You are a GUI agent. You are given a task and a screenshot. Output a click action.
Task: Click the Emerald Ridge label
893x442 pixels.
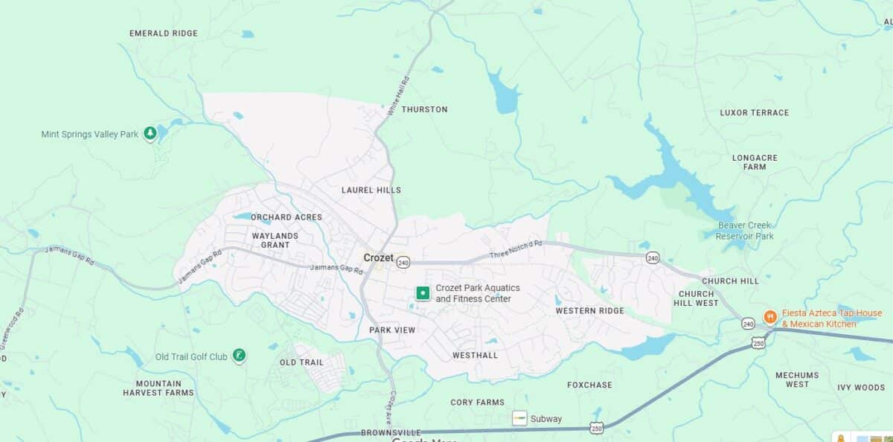click(164, 33)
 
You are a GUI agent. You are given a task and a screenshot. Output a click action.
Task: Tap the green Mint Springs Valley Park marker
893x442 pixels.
click(150, 134)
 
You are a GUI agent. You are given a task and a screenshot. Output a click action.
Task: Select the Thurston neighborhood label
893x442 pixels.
click(424, 109)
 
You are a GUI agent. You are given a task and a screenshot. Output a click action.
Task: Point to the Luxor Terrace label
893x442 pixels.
click(754, 113)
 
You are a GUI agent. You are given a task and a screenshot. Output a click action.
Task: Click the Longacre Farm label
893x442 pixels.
click(755, 162)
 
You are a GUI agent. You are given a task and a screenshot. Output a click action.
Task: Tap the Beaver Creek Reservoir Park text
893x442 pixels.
click(744, 231)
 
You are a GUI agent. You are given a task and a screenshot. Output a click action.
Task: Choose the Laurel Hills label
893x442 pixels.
click(371, 190)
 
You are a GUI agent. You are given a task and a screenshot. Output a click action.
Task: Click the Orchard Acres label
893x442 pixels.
click(287, 217)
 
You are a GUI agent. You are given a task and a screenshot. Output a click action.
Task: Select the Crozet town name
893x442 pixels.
click(378, 257)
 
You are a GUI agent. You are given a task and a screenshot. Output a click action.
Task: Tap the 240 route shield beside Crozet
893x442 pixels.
click(403, 262)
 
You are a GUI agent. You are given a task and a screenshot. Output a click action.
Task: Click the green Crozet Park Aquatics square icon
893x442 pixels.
click(423, 293)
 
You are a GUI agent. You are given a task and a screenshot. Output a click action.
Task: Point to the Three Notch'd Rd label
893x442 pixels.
click(516, 249)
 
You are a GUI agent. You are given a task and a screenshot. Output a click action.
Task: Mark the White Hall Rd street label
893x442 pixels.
click(398, 95)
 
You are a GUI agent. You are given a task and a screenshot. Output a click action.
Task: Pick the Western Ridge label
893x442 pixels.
click(589, 310)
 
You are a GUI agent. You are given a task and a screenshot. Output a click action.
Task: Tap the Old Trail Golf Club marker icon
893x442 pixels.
click(239, 356)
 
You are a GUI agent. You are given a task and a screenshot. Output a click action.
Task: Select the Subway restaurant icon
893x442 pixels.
click(519, 418)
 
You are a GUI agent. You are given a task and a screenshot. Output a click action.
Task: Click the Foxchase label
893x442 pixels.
click(589, 385)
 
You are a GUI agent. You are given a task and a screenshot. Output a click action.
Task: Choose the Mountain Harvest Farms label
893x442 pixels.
click(159, 388)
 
